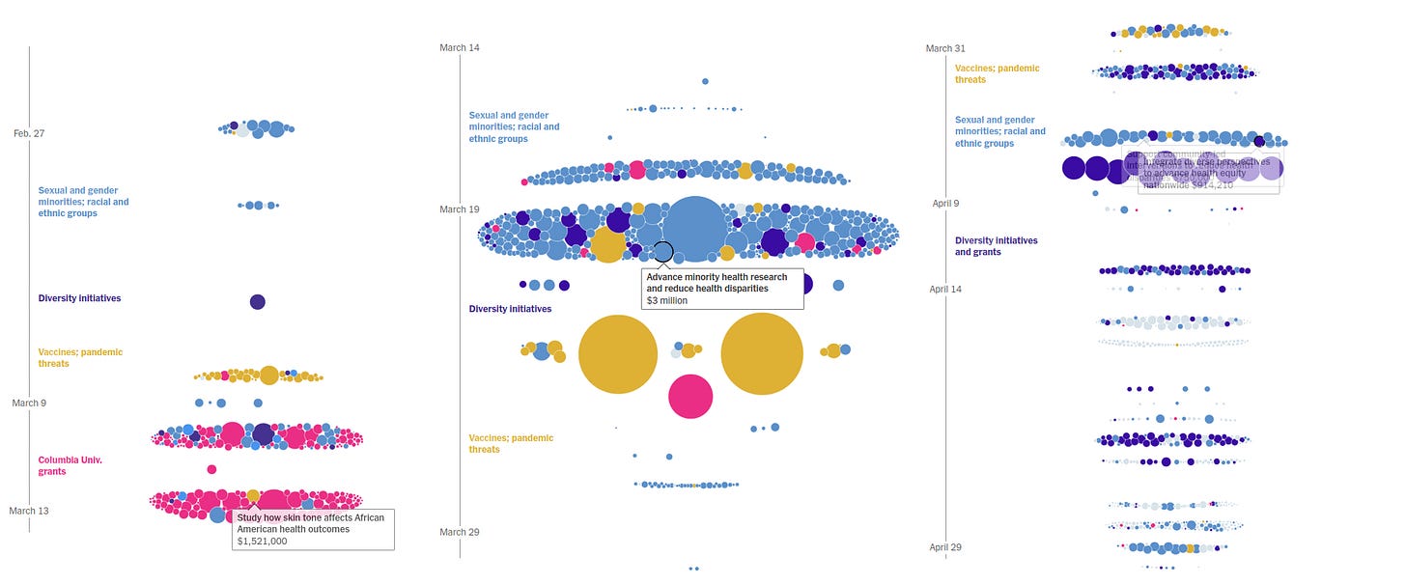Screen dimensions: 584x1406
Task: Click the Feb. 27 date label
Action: [x=29, y=133]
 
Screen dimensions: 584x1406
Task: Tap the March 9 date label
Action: [x=29, y=403]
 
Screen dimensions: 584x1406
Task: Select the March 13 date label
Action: [x=29, y=511]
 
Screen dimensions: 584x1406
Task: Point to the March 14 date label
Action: [x=459, y=47]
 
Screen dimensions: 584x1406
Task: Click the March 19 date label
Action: [x=459, y=209]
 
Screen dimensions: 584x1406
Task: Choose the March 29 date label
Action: [x=459, y=532]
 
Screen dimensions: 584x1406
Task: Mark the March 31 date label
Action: [x=945, y=48]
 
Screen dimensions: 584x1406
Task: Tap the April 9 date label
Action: [x=945, y=204]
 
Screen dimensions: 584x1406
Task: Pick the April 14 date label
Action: [x=945, y=289]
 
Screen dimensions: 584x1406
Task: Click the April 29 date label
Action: [x=945, y=547]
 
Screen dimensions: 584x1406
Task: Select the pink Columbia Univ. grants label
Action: [x=70, y=465]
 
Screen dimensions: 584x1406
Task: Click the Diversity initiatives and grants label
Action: [x=996, y=246]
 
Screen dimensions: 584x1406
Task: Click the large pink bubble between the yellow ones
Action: [x=690, y=396]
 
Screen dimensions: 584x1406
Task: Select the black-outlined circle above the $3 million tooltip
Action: [x=662, y=252]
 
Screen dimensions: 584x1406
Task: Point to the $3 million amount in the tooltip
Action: [x=666, y=301]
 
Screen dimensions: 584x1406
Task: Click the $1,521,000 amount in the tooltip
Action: [x=263, y=542]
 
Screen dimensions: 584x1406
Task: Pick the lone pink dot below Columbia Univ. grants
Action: [x=211, y=469]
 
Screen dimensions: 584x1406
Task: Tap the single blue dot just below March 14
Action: [x=705, y=81]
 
